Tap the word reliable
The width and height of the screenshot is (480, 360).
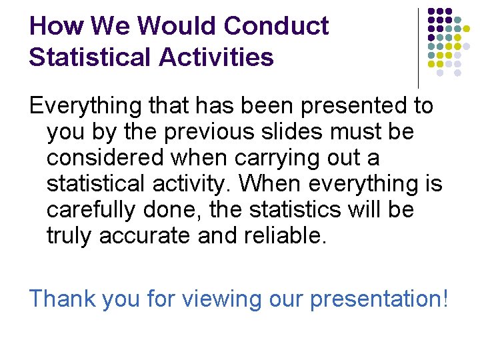(291, 236)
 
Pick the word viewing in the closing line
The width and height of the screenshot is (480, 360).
(234, 299)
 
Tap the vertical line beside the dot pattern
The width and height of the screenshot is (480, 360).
(418, 47)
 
